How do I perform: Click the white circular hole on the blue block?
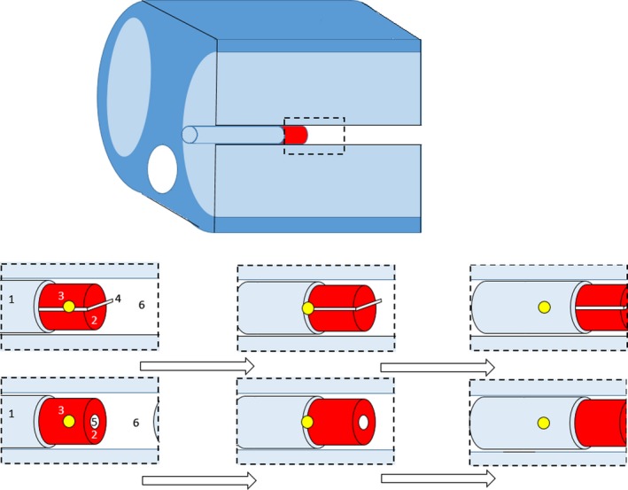coord(162,169)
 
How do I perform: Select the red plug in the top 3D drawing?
coord(295,135)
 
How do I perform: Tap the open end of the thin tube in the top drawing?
coord(189,135)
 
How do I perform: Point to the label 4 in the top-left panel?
coord(118,299)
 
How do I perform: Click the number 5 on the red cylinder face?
coord(94,422)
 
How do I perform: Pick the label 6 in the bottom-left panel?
coord(135,423)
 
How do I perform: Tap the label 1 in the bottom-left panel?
coord(12,414)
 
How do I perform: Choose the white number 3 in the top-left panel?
coord(61,295)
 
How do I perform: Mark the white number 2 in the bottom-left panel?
coord(94,434)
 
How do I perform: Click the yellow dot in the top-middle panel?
coord(308,308)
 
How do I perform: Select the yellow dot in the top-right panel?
coord(544,307)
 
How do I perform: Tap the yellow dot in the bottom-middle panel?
coord(307,422)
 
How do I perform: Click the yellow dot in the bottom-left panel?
coord(69,422)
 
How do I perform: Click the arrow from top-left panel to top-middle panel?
coord(197,366)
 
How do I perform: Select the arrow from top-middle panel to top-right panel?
coord(437,366)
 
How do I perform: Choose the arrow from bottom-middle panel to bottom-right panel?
coord(438,479)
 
